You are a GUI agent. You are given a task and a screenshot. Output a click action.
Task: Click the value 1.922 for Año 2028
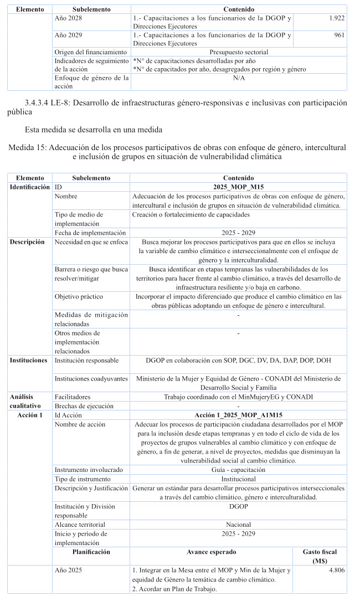[x=337, y=18]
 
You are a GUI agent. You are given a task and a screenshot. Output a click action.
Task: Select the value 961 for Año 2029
[x=339, y=35]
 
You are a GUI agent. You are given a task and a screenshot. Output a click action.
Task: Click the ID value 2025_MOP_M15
[x=238, y=187]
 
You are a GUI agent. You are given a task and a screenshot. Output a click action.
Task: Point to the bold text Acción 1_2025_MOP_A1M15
[x=238, y=415]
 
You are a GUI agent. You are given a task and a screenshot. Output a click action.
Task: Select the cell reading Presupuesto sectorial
[x=238, y=52]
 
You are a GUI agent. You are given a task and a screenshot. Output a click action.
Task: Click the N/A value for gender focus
[x=238, y=78]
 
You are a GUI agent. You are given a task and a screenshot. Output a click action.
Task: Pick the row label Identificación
[x=30, y=187]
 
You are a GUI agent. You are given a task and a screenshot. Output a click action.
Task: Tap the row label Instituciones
[x=29, y=360]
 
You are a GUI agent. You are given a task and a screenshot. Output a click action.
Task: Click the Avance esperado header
[x=211, y=552]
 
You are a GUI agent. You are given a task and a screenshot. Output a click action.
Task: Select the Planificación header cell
[x=91, y=552]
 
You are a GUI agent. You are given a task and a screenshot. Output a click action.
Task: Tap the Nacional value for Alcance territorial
[x=238, y=524]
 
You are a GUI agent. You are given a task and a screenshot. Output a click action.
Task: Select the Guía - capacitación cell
[x=238, y=469]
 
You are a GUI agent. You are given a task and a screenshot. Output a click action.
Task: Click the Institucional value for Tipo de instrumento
[x=238, y=479]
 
